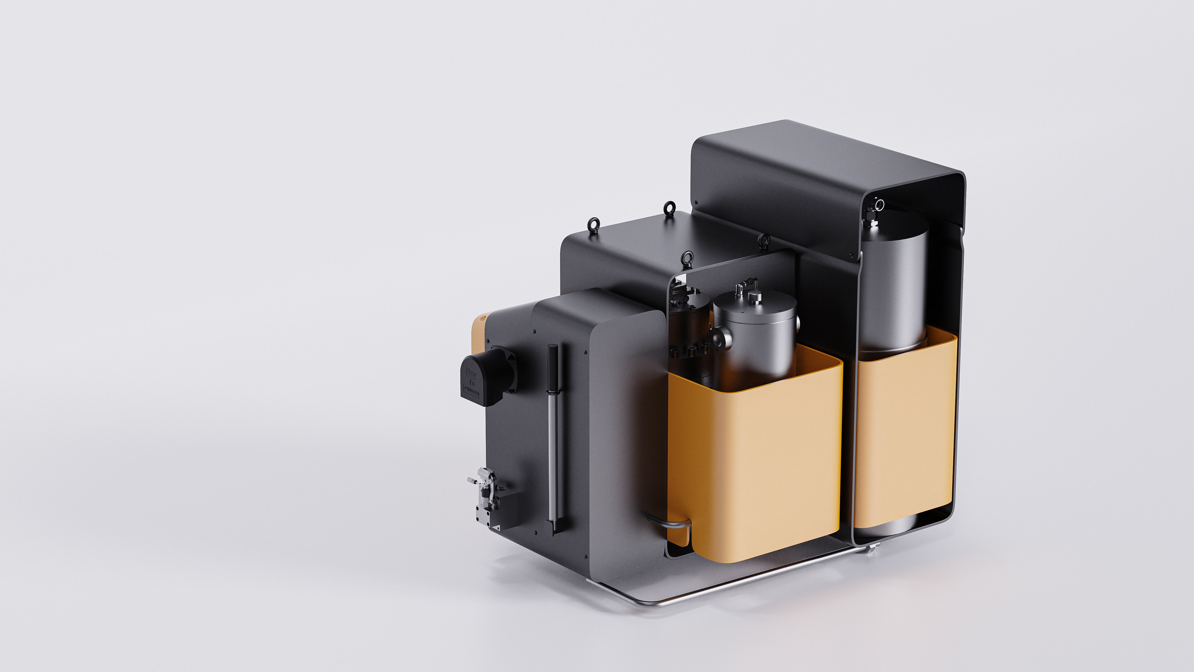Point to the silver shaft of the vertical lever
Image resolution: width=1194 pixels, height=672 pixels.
click(x=552, y=459)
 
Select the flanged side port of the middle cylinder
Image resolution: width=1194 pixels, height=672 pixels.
click(x=721, y=337)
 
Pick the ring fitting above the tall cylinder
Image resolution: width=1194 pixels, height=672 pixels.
click(x=879, y=205)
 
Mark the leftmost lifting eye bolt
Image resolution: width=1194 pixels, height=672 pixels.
click(x=593, y=225)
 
